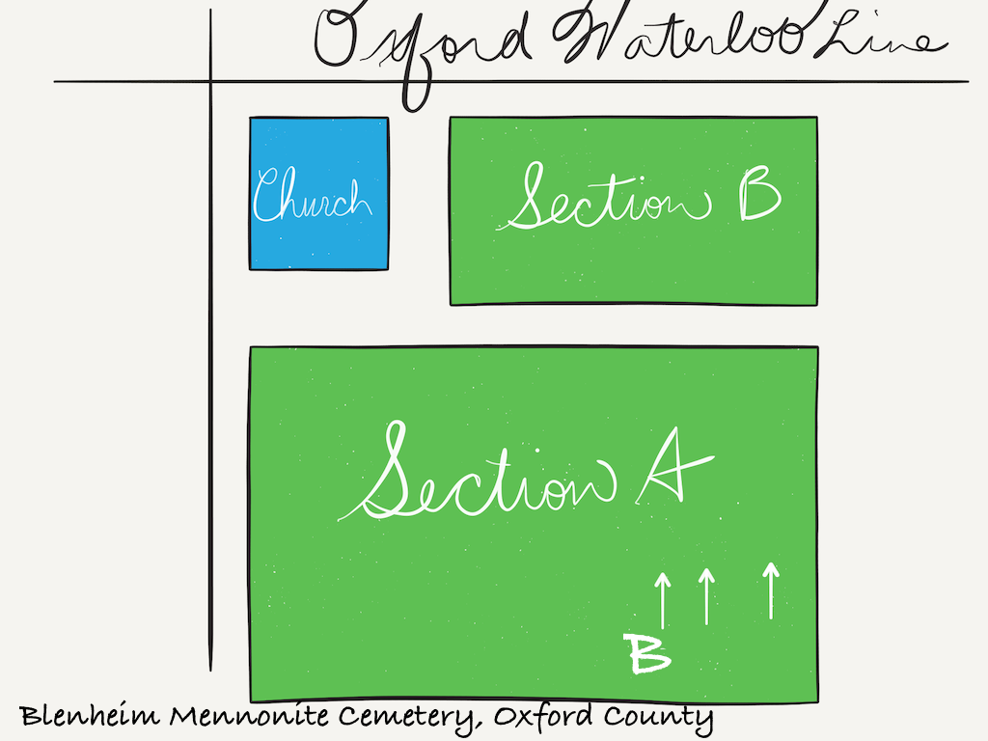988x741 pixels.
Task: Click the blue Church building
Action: pos(318,193)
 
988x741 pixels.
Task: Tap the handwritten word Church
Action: pos(312,194)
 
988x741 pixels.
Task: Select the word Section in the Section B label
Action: pos(604,197)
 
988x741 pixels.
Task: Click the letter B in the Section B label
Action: pos(760,194)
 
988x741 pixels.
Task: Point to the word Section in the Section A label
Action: pos(477,471)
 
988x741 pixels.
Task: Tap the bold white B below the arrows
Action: pos(647,653)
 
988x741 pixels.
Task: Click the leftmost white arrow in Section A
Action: pos(662,600)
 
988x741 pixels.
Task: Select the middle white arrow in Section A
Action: pos(707,596)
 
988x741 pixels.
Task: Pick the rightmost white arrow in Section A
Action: pos(771,590)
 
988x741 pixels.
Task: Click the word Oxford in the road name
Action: pos(421,50)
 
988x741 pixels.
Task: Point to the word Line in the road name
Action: pos(881,37)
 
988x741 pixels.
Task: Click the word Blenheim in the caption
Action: pos(89,715)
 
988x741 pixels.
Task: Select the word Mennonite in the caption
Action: pos(249,715)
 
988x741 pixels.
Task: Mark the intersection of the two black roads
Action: pos(210,81)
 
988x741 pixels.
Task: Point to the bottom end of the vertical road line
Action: pos(210,672)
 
